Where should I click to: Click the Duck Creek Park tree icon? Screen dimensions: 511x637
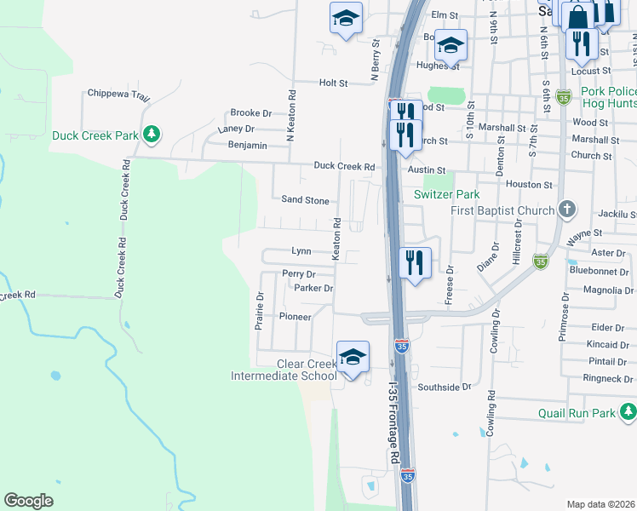(151, 135)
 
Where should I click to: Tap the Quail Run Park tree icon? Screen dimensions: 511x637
(628, 414)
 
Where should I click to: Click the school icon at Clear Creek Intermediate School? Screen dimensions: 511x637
(353, 358)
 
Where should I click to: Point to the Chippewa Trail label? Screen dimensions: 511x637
(118, 95)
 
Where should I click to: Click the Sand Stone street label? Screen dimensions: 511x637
(305, 200)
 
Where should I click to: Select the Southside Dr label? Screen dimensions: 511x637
(443, 387)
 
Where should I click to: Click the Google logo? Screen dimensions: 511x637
(28, 500)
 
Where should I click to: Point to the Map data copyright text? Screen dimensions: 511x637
(601, 504)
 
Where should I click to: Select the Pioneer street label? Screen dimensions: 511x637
(295, 316)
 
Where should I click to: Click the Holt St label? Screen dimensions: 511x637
(334, 83)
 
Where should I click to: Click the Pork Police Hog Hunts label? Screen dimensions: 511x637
(608, 97)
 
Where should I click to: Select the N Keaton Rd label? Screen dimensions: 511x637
(291, 116)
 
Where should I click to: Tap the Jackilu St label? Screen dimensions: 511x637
(617, 216)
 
